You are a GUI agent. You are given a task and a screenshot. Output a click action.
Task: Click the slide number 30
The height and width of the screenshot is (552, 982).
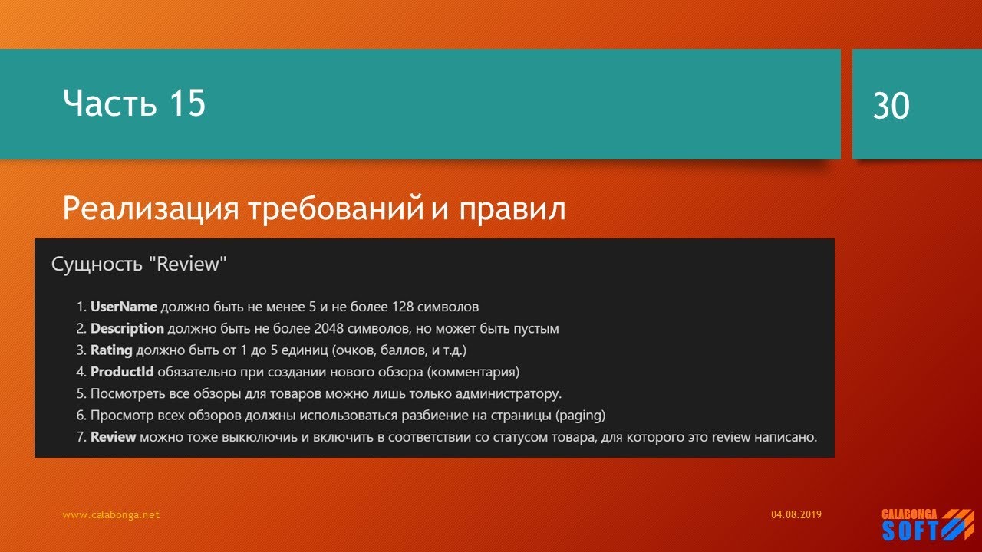click(x=891, y=107)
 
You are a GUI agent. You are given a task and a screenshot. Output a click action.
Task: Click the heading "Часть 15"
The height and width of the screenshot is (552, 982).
click(x=134, y=103)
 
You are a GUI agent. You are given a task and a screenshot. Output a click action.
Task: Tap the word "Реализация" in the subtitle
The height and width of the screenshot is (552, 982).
click(x=150, y=208)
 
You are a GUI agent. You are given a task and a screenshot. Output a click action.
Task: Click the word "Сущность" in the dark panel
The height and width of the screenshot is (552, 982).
click(x=97, y=264)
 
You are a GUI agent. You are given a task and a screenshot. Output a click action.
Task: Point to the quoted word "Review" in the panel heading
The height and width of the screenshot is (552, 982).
click(x=189, y=264)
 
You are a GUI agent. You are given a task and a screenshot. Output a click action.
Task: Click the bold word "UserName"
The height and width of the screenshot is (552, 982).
click(x=124, y=307)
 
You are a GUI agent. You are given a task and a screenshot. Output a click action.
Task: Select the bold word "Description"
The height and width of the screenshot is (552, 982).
click(x=127, y=329)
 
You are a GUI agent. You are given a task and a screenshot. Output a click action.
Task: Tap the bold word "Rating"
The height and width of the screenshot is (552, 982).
click(x=111, y=350)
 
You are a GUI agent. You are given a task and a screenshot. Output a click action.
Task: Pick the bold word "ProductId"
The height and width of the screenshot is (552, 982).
click(x=122, y=373)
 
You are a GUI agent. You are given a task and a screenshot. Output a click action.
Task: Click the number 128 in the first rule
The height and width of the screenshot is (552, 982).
click(x=404, y=307)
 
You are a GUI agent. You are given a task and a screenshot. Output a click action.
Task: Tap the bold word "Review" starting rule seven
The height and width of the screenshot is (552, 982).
click(x=113, y=437)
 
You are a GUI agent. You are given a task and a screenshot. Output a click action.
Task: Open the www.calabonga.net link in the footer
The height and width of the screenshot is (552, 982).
click(x=110, y=515)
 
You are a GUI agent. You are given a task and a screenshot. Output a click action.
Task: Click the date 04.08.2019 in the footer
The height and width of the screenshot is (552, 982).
click(x=796, y=515)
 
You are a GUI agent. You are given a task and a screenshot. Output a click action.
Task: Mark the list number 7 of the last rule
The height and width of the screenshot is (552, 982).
click(x=80, y=437)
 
